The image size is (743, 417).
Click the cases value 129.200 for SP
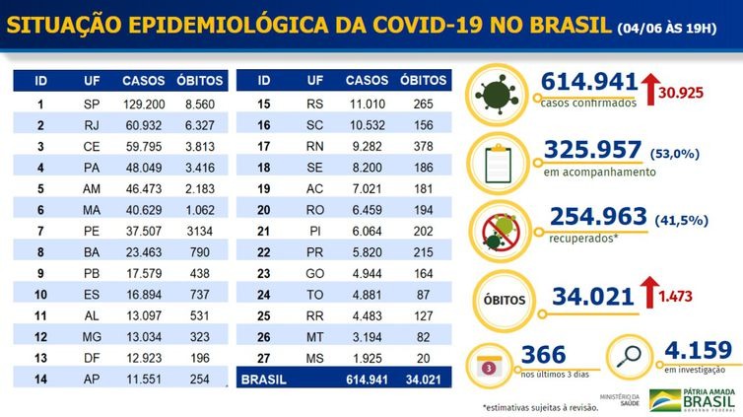(x=143, y=103)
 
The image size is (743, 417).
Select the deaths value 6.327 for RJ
(x=198, y=125)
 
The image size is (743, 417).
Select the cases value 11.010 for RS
(x=368, y=103)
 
